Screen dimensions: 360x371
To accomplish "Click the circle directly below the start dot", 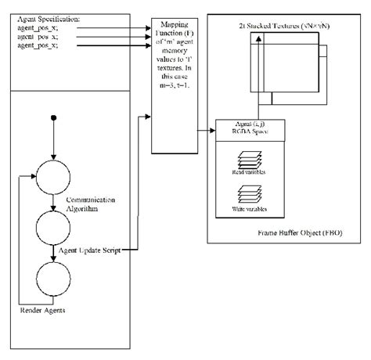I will [x=52, y=175].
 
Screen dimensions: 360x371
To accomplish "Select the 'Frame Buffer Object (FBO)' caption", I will [x=298, y=232].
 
